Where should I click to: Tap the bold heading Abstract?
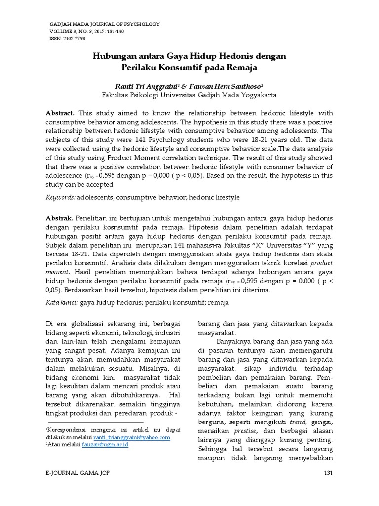point(60,113)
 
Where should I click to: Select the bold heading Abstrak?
point(60,218)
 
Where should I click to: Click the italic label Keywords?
point(62,197)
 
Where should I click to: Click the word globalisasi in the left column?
point(86,324)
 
